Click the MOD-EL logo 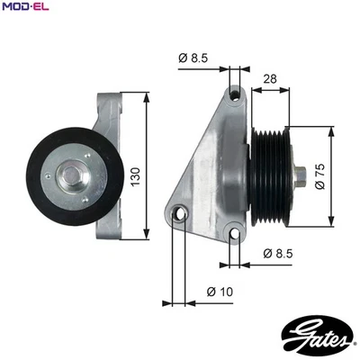coord(24,7)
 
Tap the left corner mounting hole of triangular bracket coord(180,215)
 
